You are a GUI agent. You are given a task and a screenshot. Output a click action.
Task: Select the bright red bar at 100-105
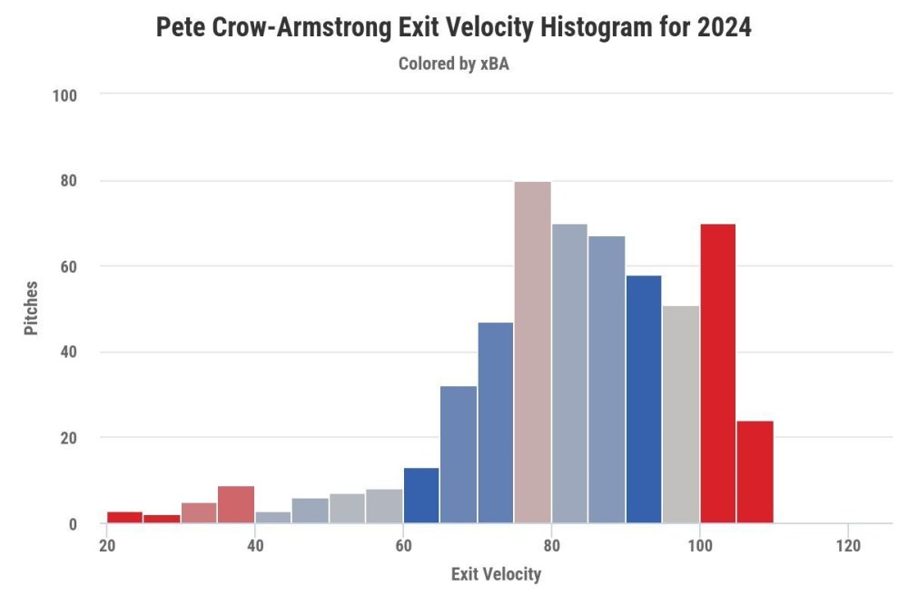click(717, 373)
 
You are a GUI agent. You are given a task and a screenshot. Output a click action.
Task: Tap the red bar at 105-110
click(755, 472)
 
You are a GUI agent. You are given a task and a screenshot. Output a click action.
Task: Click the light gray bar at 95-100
click(681, 414)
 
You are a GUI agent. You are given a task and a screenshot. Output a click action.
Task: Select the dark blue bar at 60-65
click(421, 496)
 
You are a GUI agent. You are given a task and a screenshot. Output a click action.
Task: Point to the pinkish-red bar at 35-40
click(236, 505)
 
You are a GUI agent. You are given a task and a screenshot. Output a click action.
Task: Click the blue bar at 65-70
click(459, 455)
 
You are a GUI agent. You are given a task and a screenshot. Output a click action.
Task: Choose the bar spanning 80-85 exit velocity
click(569, 373)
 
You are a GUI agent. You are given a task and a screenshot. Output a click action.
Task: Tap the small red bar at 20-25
click(124, 518)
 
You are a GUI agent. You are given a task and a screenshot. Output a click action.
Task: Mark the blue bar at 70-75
click(496, 422)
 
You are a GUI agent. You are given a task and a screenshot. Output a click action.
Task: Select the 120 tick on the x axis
click(847, 547)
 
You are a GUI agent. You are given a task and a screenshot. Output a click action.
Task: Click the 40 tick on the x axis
click(255, 547)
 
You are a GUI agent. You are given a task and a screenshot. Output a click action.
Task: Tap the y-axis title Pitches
click(32, 308)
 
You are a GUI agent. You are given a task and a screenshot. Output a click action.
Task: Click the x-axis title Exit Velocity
click(496, 574)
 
